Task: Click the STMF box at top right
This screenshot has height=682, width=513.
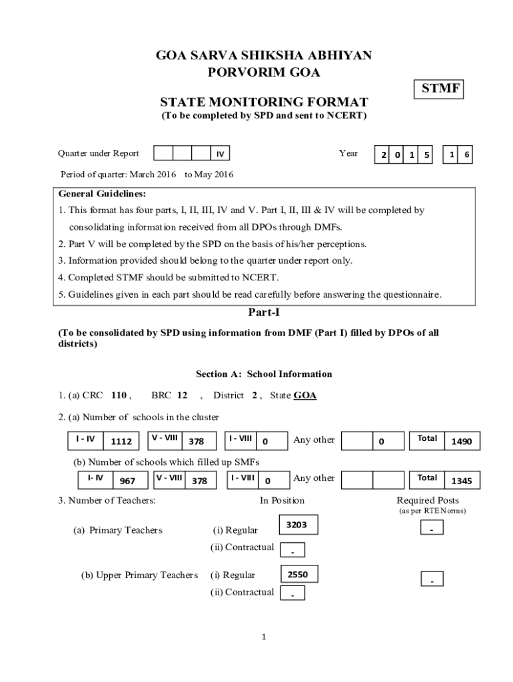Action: point(440,89)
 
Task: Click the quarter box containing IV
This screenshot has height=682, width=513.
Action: point(221,154)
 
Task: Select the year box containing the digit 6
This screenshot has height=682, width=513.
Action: point(467,155)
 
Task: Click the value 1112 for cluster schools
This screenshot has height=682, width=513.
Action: point(121,441)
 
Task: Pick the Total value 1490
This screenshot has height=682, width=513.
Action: point(462,441)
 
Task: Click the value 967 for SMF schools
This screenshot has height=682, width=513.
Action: point(127,480)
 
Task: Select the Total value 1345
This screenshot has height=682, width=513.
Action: point(462,480)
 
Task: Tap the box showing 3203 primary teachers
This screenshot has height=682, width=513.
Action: point(296,525)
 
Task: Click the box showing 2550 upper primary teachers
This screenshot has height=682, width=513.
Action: point(296,574)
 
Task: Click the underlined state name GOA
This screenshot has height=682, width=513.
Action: point(305,395)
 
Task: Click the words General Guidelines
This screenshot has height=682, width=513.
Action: point(102,194)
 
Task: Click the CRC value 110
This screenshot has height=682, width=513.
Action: point(119,395)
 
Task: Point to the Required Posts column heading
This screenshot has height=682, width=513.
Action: point(428,500)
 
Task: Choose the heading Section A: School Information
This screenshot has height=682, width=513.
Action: point(264,374)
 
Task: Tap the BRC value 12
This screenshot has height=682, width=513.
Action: point(182,395)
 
